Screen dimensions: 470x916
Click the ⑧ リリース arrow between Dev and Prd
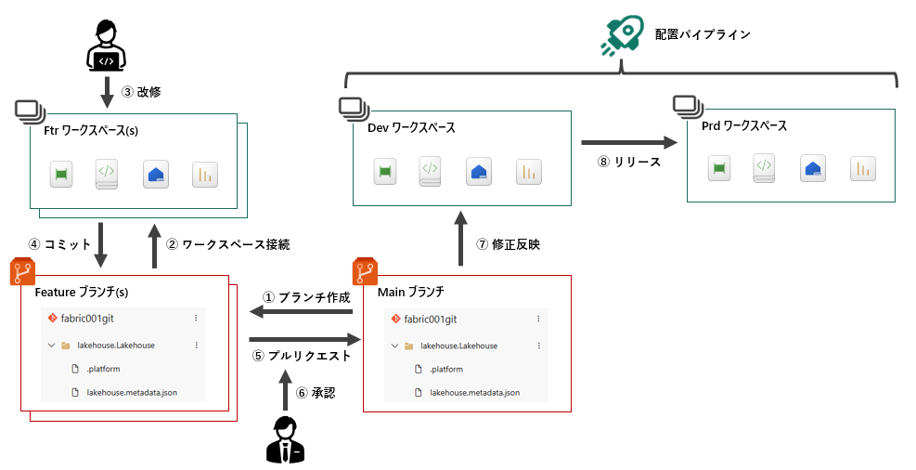pos(628,143)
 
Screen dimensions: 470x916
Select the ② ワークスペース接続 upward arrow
pos(153,245)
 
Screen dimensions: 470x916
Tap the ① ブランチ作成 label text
pos(306,297)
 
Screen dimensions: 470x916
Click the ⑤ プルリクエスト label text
pos(303,355)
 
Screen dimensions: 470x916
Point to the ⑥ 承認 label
pos(316,393)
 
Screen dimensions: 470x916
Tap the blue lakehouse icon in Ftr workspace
pos(156,175)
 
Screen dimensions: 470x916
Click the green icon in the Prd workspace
pos(718,168)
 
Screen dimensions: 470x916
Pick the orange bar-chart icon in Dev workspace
pos(529,171)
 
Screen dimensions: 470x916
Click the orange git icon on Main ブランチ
pos(363,272)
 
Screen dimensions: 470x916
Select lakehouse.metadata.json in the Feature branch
pos(132,393)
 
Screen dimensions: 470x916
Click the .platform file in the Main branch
pos(448,370)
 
